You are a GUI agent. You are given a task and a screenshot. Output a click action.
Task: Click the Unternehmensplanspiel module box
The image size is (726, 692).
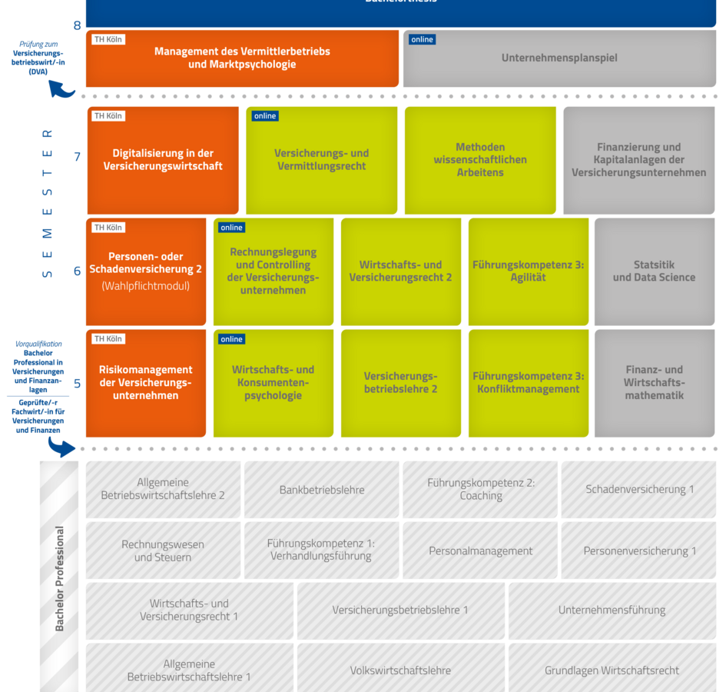(559, 58)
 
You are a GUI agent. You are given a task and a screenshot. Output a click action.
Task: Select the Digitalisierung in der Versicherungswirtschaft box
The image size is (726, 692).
(163, 160)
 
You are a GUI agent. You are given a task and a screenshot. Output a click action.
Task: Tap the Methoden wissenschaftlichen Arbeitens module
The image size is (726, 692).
(480, 160)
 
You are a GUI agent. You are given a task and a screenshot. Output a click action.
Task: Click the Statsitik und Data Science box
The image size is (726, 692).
(654, 271)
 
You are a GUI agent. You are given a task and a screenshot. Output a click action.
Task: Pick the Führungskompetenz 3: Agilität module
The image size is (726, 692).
(528, 271)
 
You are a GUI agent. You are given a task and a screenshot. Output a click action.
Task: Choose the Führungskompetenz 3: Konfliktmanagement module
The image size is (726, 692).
(528, 383)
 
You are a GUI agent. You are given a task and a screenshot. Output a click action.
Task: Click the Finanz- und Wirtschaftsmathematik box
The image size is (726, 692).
(654, 383)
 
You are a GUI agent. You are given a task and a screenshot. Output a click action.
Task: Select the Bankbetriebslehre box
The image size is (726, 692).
(322, 490)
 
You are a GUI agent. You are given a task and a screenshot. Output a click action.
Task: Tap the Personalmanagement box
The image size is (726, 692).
(480, 551)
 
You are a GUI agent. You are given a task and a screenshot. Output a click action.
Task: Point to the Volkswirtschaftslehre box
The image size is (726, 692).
(400, 670)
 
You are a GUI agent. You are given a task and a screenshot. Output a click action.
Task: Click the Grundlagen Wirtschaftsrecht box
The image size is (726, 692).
(612, 670)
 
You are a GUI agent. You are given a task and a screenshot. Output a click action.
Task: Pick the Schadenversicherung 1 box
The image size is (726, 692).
(639, 490)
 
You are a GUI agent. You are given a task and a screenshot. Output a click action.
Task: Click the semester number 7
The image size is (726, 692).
(77, 157)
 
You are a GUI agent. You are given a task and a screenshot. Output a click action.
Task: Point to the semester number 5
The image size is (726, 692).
(77, 383)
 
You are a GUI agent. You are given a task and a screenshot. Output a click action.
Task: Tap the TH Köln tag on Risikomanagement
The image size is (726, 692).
(108, 339)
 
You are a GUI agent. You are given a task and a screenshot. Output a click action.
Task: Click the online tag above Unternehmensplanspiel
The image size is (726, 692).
(423, 39)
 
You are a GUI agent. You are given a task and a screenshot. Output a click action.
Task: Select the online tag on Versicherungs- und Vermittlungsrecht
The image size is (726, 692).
(265, 116)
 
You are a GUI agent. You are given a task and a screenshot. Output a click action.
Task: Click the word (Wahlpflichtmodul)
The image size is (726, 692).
(145, 286)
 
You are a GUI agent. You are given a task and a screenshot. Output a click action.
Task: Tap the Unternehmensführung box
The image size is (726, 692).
(612, 610)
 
